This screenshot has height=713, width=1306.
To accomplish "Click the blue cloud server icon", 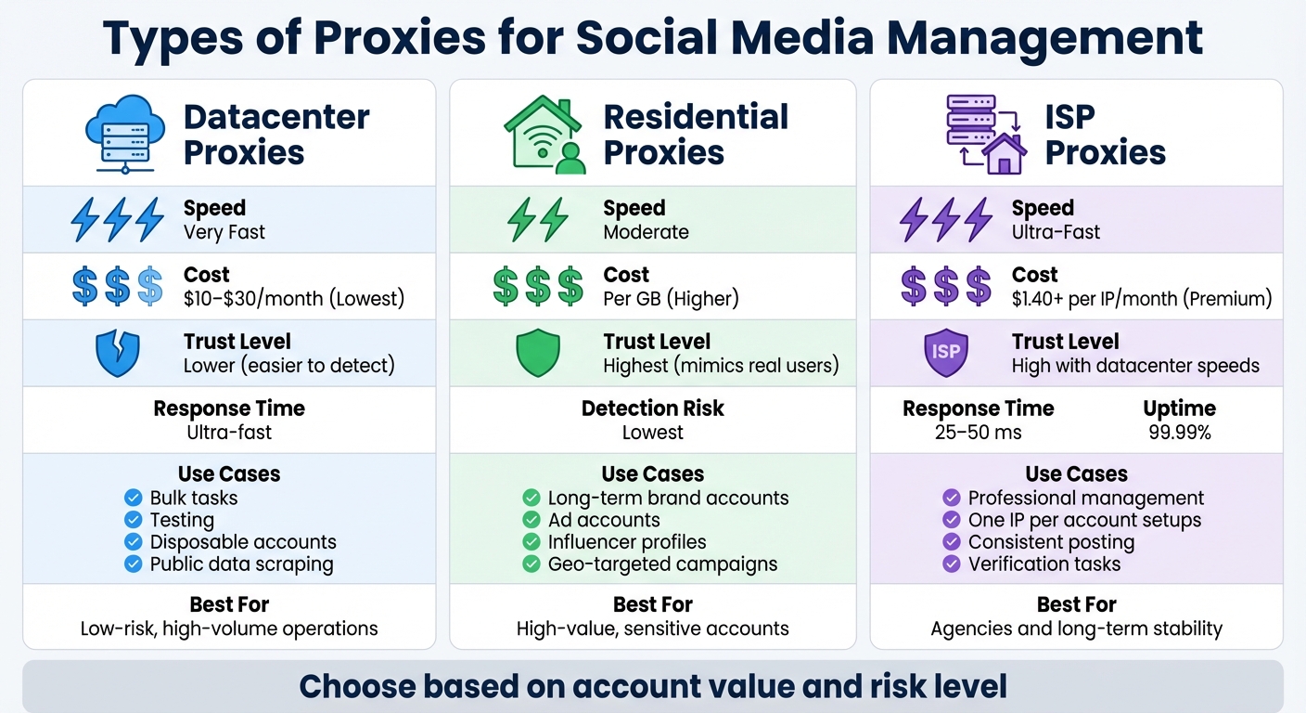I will [123, 134].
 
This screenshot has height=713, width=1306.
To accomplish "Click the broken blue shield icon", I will [118, 354].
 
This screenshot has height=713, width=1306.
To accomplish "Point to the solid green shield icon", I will [538, 354].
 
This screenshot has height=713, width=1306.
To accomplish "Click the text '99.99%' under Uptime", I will [1179, 433].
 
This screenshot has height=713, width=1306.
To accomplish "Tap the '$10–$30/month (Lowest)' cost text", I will [294, 299].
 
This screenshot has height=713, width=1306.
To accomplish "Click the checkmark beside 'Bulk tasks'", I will [133, 498].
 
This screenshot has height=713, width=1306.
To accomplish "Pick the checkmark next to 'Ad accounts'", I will [531, 520].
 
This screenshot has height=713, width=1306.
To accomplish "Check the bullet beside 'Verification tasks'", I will [952, 564].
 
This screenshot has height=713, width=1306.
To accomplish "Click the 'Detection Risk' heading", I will [653, 408].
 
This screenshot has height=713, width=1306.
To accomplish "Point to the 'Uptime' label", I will [1179, 408].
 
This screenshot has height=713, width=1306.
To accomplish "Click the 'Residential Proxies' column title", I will [696, 134].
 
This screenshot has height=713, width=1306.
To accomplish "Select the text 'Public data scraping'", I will [241, 564].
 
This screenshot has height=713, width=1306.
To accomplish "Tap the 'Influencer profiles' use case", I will [627, 542].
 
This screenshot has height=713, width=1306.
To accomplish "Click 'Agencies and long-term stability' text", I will [1076, 629].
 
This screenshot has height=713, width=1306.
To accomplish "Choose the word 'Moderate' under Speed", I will [646, 232].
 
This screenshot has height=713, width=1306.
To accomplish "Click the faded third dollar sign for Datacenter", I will [150, 287].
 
